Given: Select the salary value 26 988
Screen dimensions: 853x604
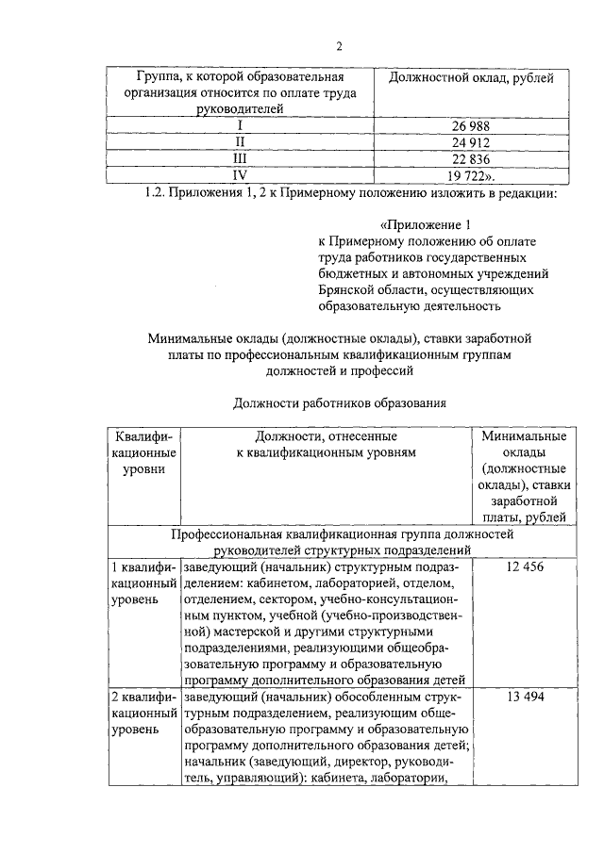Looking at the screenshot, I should [470, 125].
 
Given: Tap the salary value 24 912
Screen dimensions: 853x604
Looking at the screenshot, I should [470, 142].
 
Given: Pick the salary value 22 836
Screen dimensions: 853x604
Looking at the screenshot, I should [470, 158].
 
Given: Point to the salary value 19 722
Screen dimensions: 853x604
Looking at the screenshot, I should [471, 175].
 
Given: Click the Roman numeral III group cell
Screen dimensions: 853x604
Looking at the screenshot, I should [240, 158].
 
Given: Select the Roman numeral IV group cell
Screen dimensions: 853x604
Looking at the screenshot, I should [240, 175].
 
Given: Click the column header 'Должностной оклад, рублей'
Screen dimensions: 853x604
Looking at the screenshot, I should [471, 77].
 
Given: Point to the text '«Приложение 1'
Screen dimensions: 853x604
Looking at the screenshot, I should [422, 225].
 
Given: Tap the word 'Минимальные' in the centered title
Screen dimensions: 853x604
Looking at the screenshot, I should [193, 336].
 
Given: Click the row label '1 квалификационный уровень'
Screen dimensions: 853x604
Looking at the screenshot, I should [143, 583].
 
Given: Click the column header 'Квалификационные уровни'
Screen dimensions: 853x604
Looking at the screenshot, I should [143, 452].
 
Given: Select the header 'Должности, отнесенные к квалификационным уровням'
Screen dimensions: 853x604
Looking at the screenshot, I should [326, 445].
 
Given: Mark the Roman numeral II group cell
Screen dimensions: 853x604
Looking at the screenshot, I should [240, 142].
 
